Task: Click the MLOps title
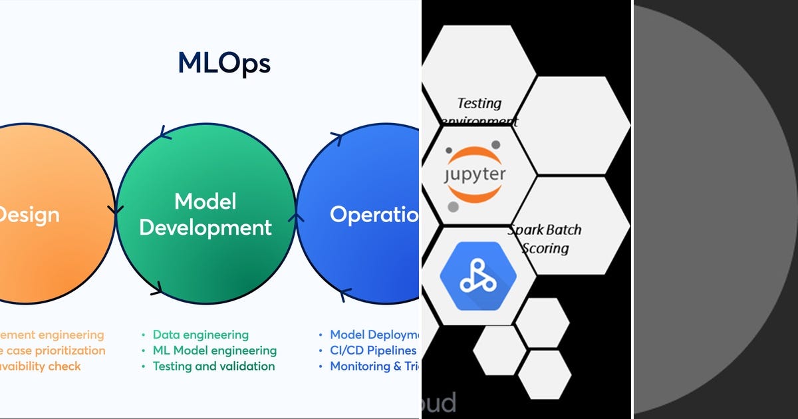click(224, 63)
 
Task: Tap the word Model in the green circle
click(205, 202)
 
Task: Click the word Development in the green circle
click(205, 228)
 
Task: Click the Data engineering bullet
click(200, 335)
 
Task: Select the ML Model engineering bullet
click(214, 350)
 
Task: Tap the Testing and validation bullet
click(213, 366)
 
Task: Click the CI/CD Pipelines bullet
click(373, 350)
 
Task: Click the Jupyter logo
click(475, 175)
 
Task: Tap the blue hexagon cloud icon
click(473, 276)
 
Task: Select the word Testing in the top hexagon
click(479, 103)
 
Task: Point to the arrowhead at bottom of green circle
click(156, 289)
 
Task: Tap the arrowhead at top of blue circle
click(336, 138)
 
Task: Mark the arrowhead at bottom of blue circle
click(344, 293)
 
